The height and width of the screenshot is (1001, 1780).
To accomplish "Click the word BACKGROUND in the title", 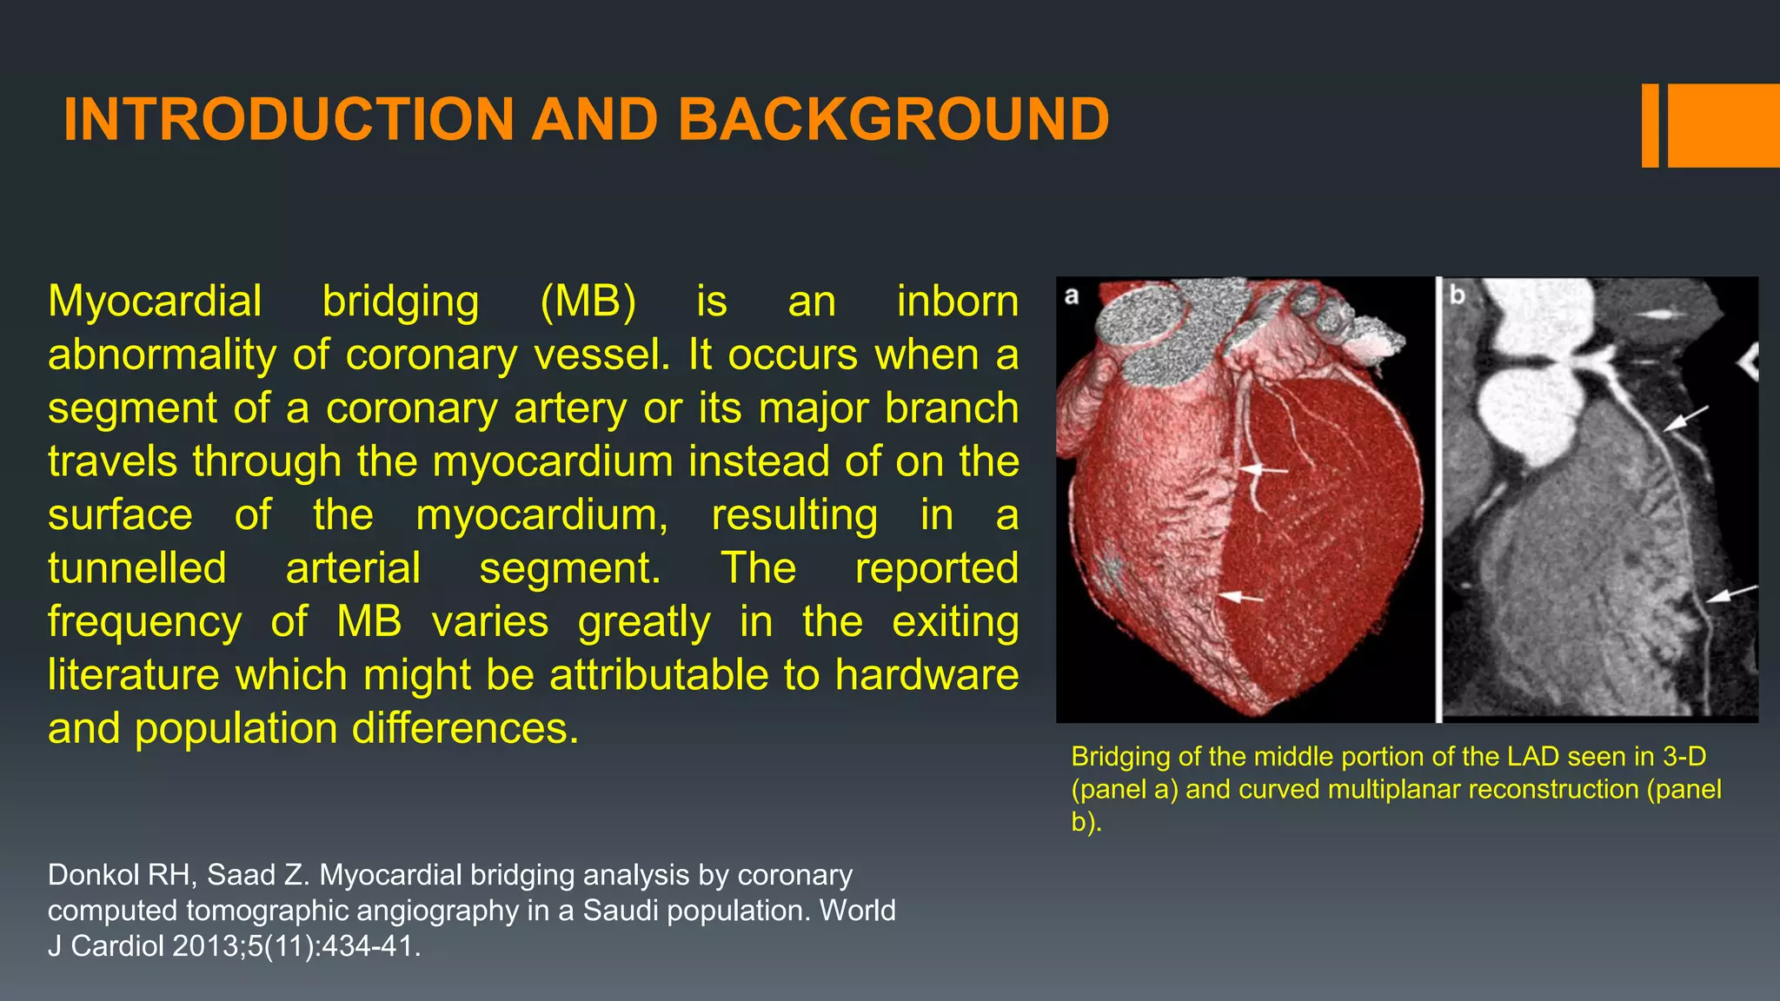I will coord(893,119).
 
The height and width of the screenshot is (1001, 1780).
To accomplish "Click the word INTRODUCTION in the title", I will coord(289,119).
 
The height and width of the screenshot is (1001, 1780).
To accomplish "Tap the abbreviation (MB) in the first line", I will coord(588,302).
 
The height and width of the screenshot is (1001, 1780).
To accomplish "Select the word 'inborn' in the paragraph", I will coord(957,302).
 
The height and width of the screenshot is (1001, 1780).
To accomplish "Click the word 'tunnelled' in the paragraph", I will coord(137,568).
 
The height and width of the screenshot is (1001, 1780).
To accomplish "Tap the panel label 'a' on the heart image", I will coord(1072,295).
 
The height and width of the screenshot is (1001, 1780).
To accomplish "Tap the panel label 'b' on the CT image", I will coord(1458,295).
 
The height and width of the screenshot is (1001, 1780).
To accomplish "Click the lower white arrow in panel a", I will coord(1241,597).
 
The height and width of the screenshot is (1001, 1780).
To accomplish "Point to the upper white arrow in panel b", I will coord(1685,419).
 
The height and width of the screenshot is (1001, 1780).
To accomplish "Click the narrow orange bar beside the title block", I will coord(1650,125).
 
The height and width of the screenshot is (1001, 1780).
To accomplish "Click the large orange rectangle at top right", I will coord(1724,125).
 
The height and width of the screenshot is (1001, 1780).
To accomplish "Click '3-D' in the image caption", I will coord(1684,757).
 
